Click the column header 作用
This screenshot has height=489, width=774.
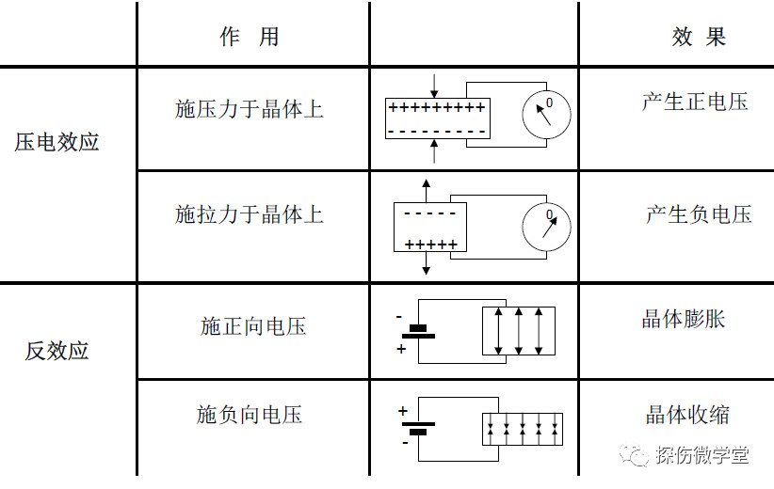pos(250,37)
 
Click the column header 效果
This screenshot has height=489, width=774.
pos(699,37)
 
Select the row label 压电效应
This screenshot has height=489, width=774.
pos(56,142)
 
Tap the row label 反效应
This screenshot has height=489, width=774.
pos(56,351)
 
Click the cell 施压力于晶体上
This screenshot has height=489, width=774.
pos(250,109)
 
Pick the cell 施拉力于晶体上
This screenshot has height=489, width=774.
pos(250,214)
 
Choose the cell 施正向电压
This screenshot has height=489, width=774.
pos(253,326)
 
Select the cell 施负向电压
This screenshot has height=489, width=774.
pos(250,415)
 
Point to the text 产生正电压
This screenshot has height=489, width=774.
pos(695,103)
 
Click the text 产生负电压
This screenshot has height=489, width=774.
pos(699,214)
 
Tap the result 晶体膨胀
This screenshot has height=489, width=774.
pos(684,319)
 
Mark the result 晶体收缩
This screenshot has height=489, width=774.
pos(687,415)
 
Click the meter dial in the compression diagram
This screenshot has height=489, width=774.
pos(546,115)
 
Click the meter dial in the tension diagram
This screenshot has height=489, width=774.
pos(546,228)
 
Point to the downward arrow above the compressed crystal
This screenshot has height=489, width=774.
pos(434,87)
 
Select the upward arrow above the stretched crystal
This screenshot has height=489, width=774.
pos(426,191)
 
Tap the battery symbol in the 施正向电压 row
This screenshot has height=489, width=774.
pos(418,332)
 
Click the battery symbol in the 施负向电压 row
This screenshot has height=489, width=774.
pos(418,428)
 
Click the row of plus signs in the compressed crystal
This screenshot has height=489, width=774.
pos(437,107)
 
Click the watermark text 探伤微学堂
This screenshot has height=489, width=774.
pos(701,454)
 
